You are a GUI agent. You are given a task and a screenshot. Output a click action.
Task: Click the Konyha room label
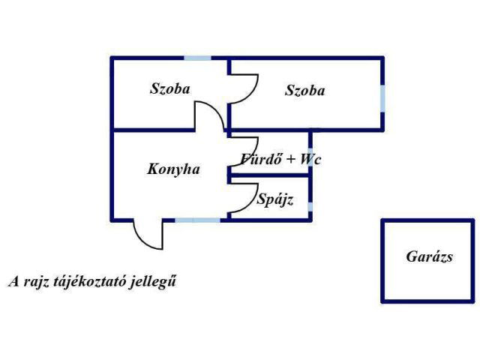coord(173,169)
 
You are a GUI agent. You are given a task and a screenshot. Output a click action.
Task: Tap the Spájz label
coord(274,200)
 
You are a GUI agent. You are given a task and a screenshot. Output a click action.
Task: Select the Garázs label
coord(430,256)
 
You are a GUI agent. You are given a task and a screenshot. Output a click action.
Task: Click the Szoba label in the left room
coord(169,88)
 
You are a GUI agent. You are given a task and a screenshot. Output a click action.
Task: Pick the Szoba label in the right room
coord(304,91)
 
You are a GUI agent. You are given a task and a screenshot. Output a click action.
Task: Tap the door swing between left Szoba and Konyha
coord(211,115)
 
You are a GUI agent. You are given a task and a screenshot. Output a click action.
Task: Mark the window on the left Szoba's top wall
coord(198,58)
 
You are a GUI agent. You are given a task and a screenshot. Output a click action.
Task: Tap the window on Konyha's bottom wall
coord(198,220)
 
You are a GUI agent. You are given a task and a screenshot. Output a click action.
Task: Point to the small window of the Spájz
coord(310,206)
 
